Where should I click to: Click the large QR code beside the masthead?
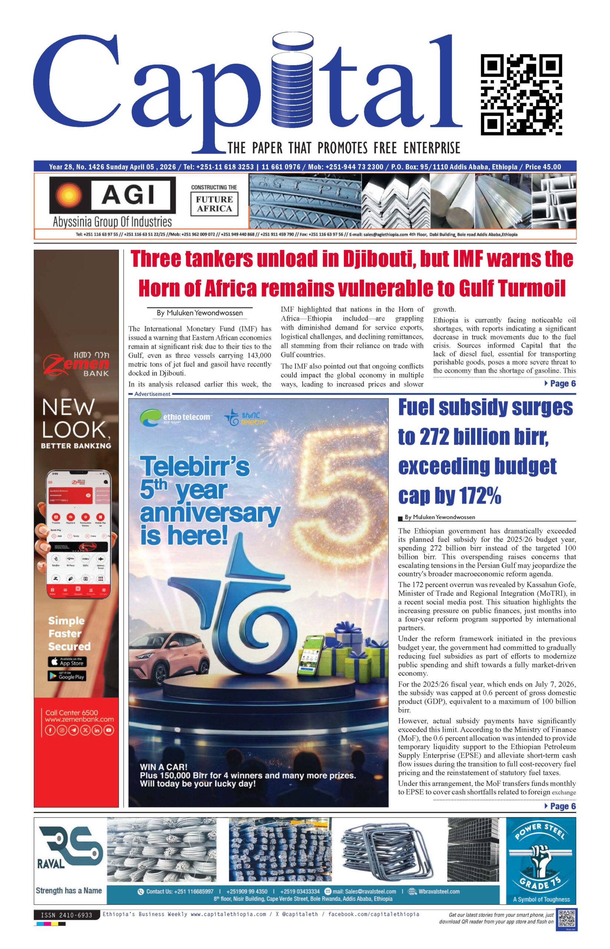pos(521,95)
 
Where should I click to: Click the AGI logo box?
pos(112,195)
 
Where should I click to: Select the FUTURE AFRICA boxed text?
pos(214,204)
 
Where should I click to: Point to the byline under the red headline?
pos(200,313)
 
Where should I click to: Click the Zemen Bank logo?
pos(76,364)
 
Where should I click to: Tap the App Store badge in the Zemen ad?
pos(67,662)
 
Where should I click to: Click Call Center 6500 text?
pos(71,712)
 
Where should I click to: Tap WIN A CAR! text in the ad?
pos(163,767)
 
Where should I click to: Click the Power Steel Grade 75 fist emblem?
pos(540,859)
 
